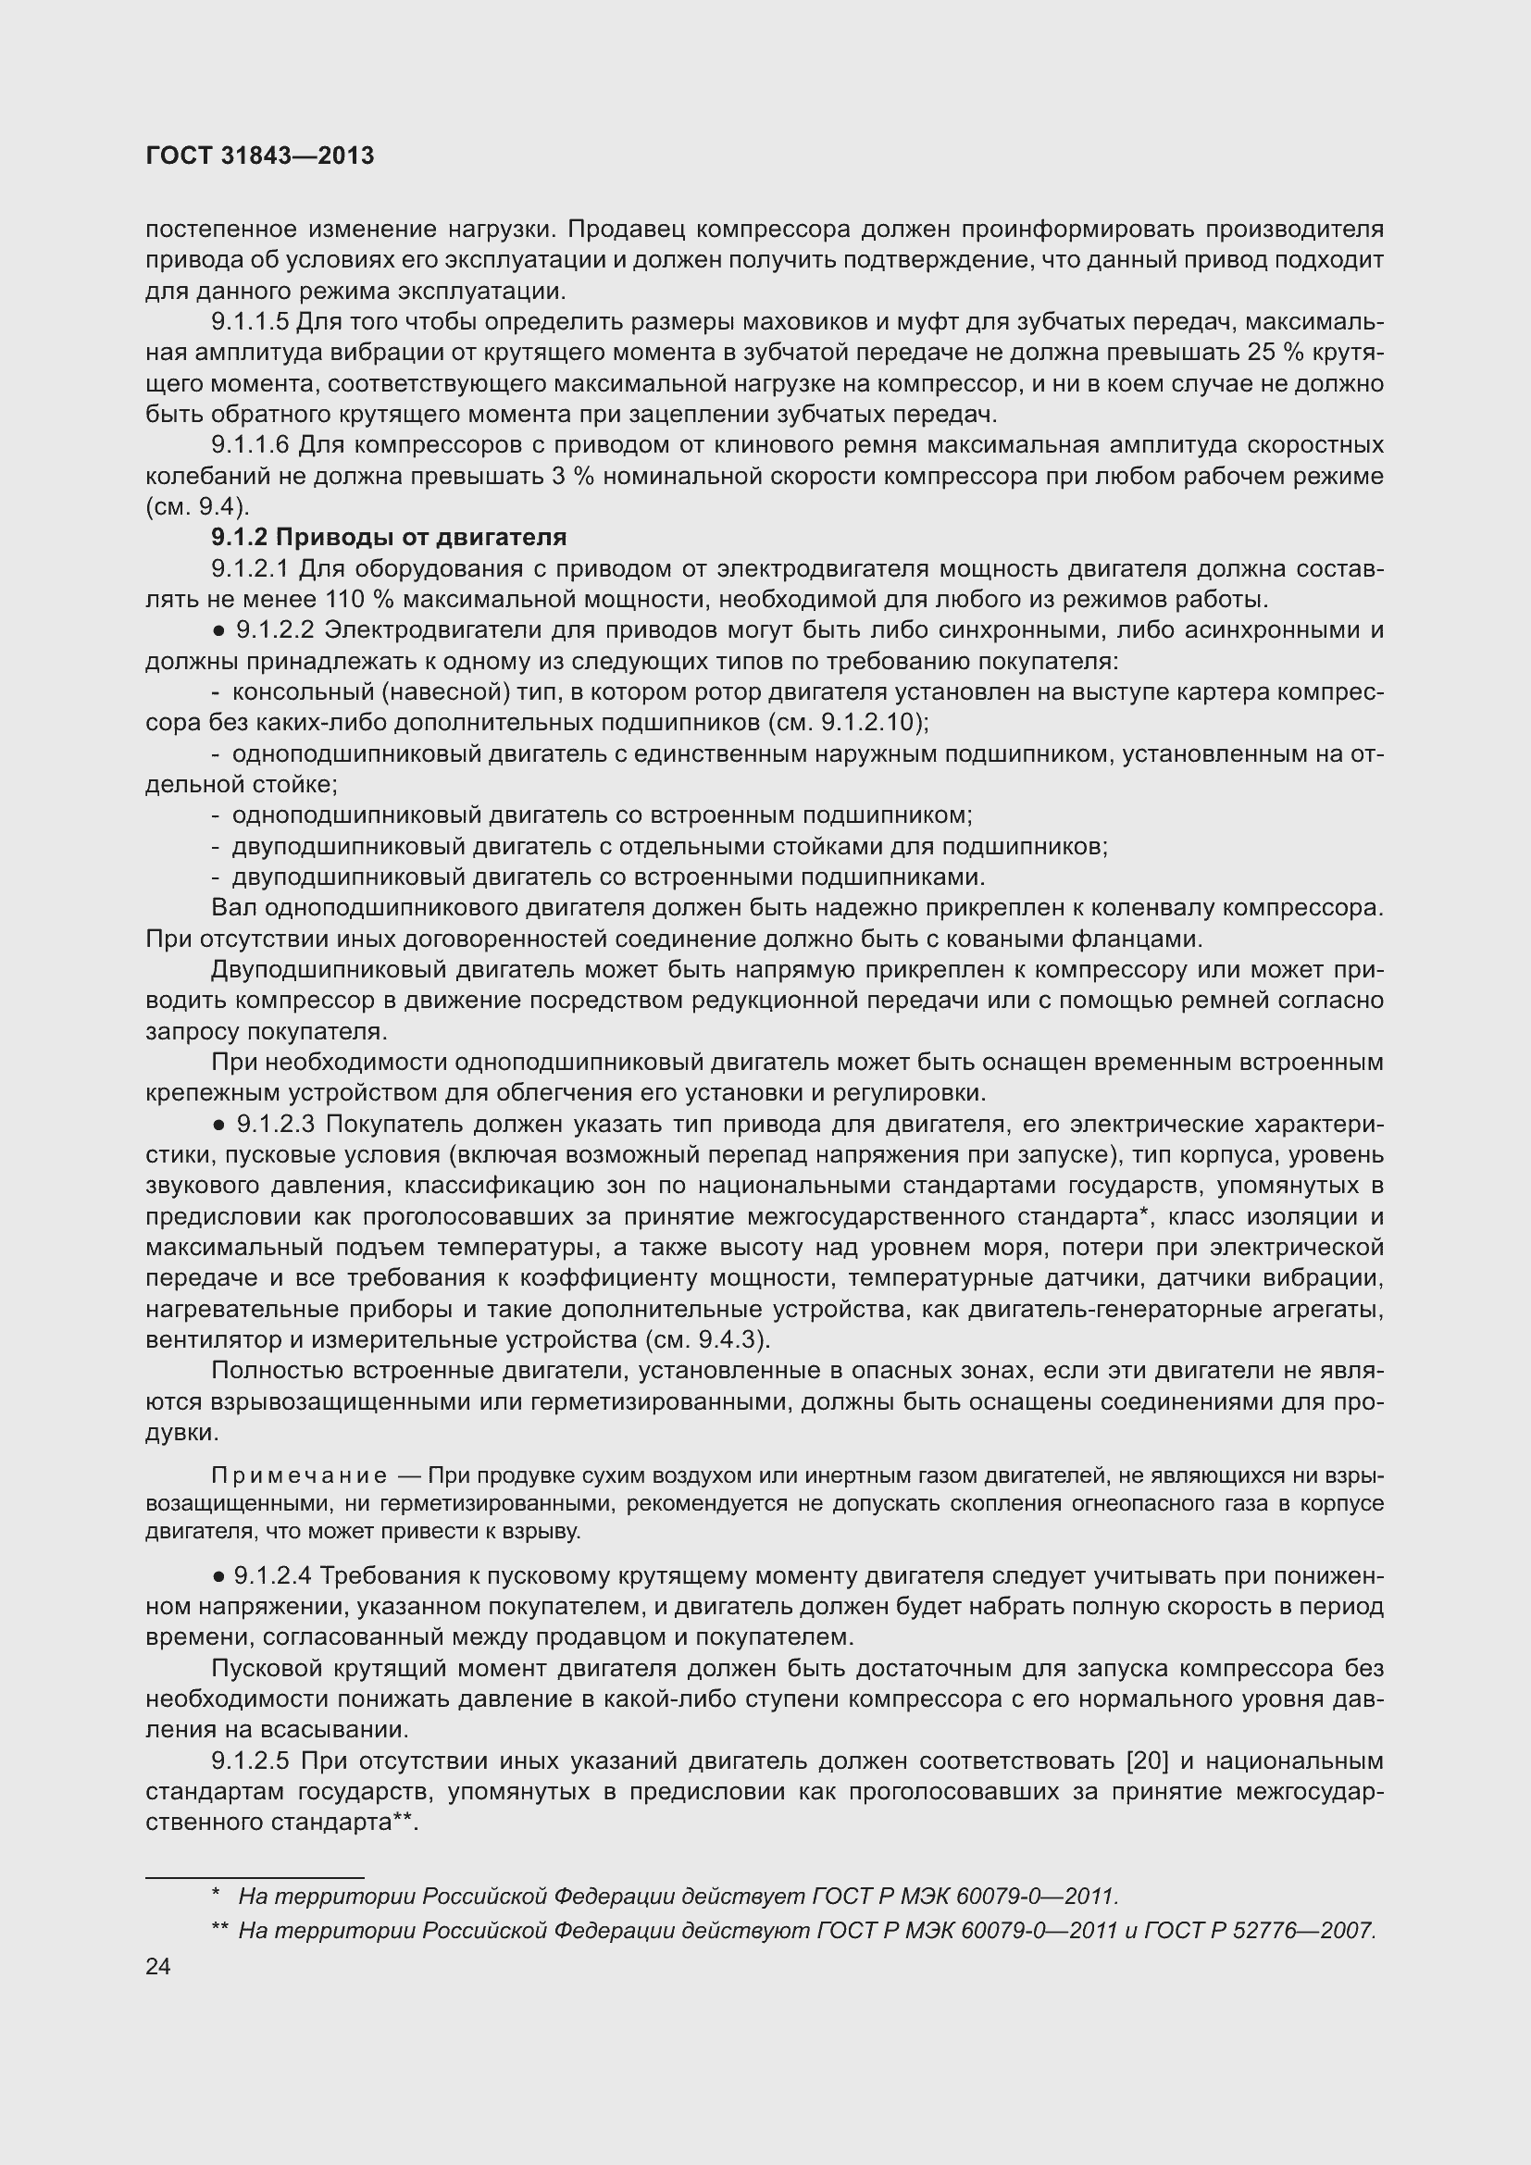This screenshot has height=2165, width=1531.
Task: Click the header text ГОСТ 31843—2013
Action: pos(260,156)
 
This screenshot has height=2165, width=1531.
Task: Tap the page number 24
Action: pos(158,1966)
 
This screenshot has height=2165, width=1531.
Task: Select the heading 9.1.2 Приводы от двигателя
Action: pos(389,538)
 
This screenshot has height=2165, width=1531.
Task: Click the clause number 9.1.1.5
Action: pos(250,322)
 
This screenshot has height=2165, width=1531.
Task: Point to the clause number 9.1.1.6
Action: pos(250,445)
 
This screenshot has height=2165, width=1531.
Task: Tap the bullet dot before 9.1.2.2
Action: pos(218,631)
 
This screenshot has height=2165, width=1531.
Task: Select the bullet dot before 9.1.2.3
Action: pos(218,1125)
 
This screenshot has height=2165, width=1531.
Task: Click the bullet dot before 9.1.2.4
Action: pos(218,1575)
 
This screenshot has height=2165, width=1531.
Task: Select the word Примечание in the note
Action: pos(299,1475)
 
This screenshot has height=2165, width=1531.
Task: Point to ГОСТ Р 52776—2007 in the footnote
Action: pos(1260,1930)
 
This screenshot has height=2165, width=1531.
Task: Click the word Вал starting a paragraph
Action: pos(235,908)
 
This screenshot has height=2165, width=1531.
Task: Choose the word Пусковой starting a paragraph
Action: pos(267,1669)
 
